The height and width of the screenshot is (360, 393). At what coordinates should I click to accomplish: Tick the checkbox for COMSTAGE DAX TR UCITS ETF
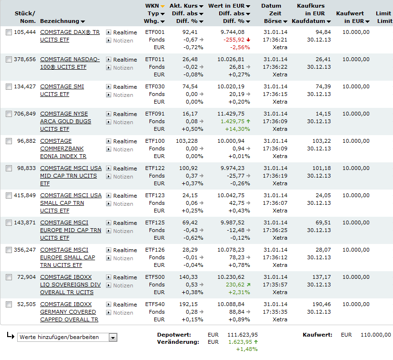pos(9,32)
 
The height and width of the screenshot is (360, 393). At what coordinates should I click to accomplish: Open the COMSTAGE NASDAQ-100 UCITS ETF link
pos(70,59)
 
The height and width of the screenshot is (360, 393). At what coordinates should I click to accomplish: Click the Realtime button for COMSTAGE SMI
pos(125,87)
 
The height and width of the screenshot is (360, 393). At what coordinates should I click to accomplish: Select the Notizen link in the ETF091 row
pos(123,122)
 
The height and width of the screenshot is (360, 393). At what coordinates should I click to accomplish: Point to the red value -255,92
pos(234,40)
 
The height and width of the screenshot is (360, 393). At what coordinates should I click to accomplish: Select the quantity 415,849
pos(25,195)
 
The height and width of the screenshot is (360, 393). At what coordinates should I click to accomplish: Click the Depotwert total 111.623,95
pos(242,335)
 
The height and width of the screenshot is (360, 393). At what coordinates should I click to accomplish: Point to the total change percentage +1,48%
pos(247,349)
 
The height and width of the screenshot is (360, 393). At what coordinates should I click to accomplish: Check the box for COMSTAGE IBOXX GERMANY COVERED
pos(9,304)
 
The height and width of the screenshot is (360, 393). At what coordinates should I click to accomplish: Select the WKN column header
pos(152,6)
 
